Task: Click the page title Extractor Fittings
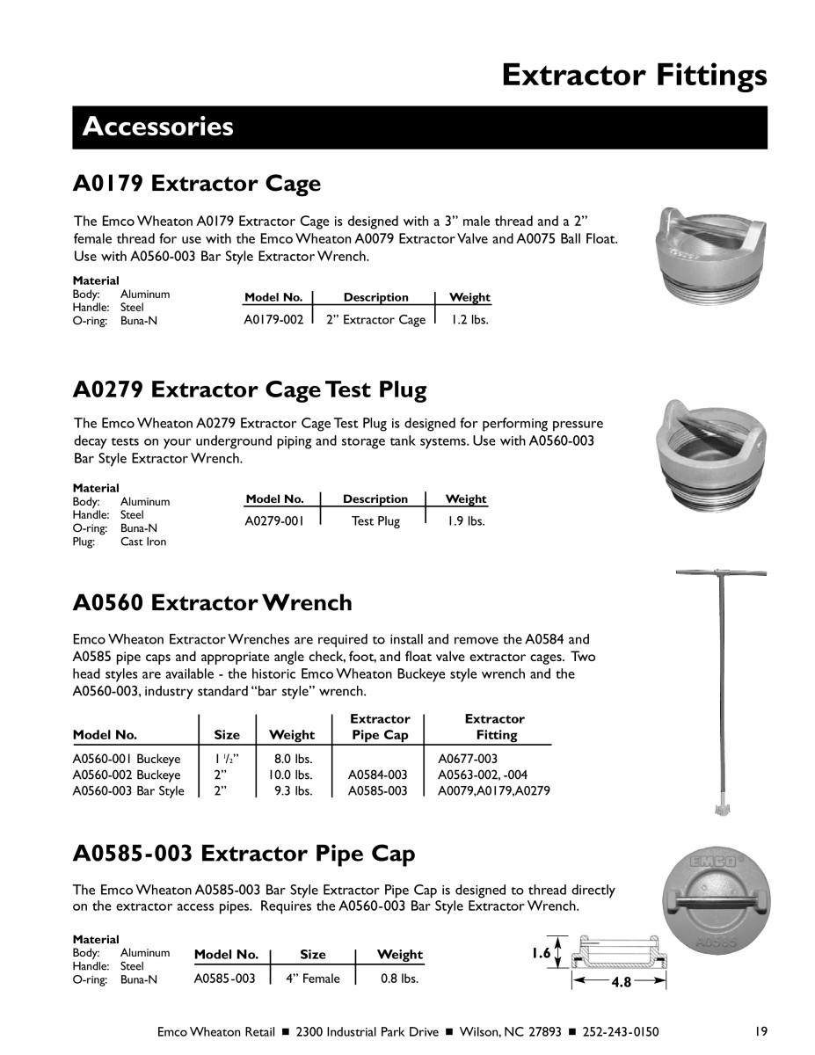point(634,76)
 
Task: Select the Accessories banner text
point(158,127)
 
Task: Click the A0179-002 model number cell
point(273,320)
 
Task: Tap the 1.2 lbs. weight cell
point(469,320)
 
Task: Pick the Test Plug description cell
point(375,521)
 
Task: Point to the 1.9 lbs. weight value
point(465,521)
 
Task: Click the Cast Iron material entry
point(143,542)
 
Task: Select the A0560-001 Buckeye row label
point(127,759)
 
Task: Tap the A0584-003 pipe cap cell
point(378,775)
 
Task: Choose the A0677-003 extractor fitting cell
point(468,759)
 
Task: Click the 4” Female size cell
point(312,978)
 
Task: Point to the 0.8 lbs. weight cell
point(399,978)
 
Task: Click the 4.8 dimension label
point(622,983)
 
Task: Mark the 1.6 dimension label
point(541,953)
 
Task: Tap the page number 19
point(761,1031)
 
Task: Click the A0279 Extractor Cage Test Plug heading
point(251,389)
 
